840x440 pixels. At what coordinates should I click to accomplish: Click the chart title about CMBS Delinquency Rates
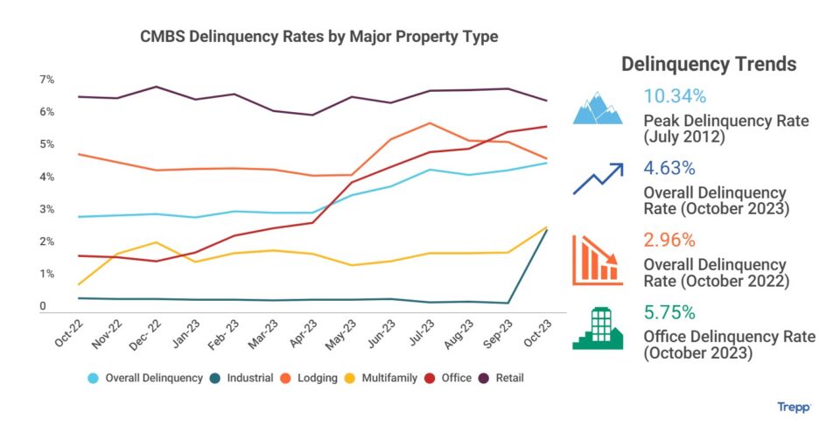point(319,38)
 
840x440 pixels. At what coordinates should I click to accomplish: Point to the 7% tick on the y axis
point(46,80)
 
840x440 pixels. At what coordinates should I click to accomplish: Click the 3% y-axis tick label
point(46,209)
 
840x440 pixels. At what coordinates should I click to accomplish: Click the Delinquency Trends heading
point(709,64)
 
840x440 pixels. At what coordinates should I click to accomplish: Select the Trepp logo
point(794,407)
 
